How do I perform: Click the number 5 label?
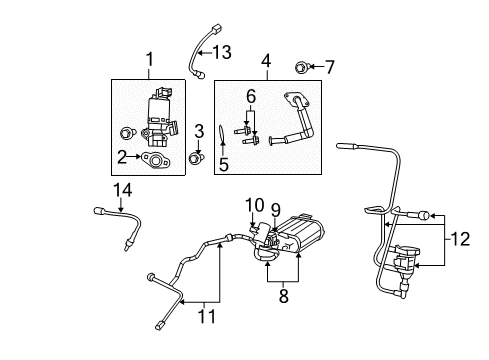click(224, 163)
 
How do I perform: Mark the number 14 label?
click(121, 189)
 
